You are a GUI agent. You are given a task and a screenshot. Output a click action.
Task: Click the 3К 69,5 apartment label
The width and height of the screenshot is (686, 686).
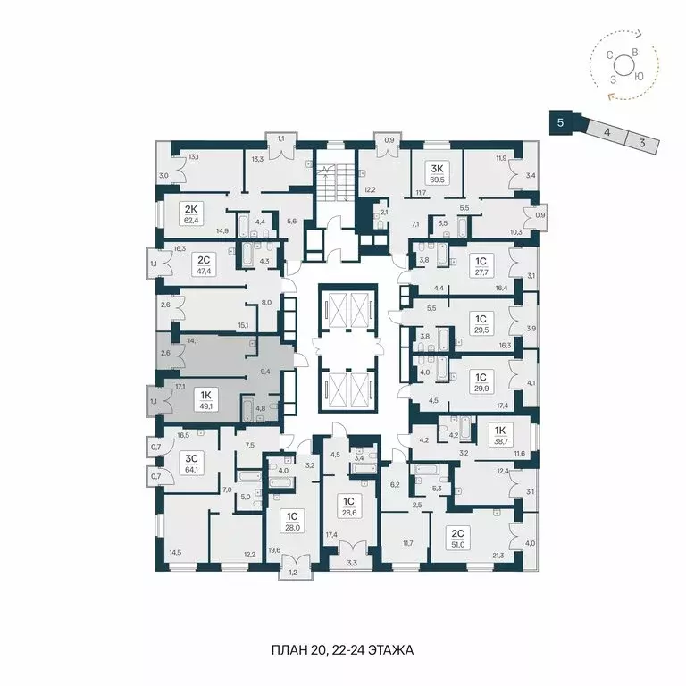click(x=436, y=172)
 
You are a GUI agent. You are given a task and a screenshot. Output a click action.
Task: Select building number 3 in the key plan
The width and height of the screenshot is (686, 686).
click(x=640, y=140)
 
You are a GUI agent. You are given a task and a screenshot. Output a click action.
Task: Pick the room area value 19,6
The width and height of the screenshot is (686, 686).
click(x=274, y=551)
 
